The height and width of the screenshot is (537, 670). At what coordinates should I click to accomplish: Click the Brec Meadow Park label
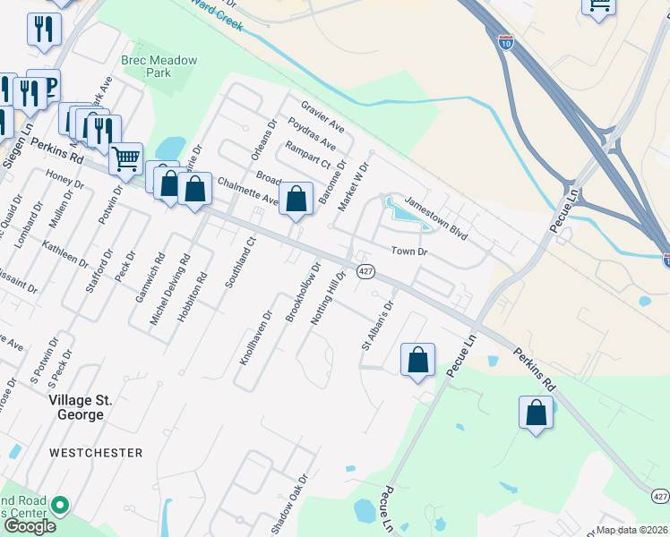159,66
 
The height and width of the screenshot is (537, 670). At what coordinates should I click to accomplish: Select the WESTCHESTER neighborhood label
96,453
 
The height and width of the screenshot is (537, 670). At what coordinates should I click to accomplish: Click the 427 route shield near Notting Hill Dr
365,271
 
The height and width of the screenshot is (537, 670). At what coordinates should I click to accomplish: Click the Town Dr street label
408,251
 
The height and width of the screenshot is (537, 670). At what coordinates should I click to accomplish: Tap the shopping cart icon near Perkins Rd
126,159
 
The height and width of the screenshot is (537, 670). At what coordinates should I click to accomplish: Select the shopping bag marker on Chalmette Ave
296,199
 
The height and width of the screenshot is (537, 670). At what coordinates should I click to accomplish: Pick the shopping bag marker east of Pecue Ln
536,413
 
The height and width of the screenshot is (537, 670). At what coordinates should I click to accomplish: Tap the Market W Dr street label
353,186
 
